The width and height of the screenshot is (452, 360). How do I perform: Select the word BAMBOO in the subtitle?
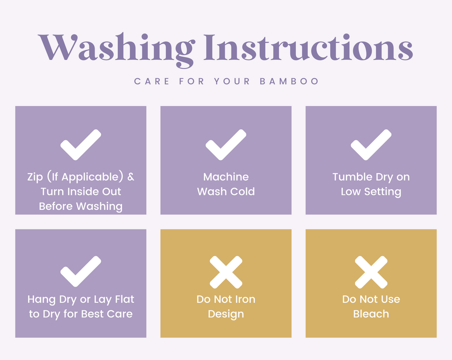tap(289, 81)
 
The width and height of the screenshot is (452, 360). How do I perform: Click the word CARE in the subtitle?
tap(152, 81)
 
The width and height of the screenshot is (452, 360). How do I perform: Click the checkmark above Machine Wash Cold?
tap(226, 145)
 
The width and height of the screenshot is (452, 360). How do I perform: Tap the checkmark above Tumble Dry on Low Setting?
tap(371, 145)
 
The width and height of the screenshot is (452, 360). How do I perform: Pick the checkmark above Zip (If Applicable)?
tap(81, 145)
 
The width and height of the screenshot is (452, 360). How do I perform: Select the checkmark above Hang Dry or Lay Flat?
tap(81, 271)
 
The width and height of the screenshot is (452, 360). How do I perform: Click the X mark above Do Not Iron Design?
tap(226, 272)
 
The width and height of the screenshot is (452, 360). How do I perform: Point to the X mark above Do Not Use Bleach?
tap(371, 272)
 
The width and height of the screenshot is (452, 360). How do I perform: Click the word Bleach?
tap(371, 314)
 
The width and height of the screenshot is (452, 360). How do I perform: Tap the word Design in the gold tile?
tap(226, 314)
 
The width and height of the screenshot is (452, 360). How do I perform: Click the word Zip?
tap(35, 177)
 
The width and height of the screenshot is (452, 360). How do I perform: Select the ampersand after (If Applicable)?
tap(131, 177)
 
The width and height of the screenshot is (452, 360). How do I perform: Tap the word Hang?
tap(41, 300)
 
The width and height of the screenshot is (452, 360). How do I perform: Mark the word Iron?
tap(244, 299)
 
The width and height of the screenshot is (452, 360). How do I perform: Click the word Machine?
tap(226, 177)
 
